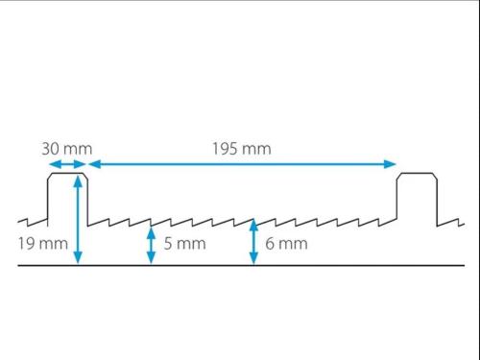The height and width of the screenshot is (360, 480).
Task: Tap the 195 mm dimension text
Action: [x=241, y=149]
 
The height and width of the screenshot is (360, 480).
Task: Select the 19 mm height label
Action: [x=43, y=244]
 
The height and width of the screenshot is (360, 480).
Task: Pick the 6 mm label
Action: [x=286, y=244]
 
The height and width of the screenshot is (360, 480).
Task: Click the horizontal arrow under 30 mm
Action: [x=67, y=165]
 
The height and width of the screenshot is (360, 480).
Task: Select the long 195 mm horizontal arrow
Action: [x=243, y=165]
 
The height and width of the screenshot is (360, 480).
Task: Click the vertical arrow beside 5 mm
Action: [x=151, y=245]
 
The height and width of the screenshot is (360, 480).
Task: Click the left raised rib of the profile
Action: [x=67, y=197]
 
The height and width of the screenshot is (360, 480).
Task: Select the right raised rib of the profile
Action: [x=419, y=197]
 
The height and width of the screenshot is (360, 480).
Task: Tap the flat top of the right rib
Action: [x=419, y=174]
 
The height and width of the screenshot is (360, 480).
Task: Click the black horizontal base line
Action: [x=240, y=265]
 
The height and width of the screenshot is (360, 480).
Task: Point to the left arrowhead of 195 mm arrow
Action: [x=93, y=165]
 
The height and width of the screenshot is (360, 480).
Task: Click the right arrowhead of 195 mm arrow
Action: [x=393, y=165]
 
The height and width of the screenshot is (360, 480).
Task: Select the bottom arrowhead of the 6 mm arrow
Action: [x=253, y=260]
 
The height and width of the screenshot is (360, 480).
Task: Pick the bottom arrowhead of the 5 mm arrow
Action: [x=151, y=260]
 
